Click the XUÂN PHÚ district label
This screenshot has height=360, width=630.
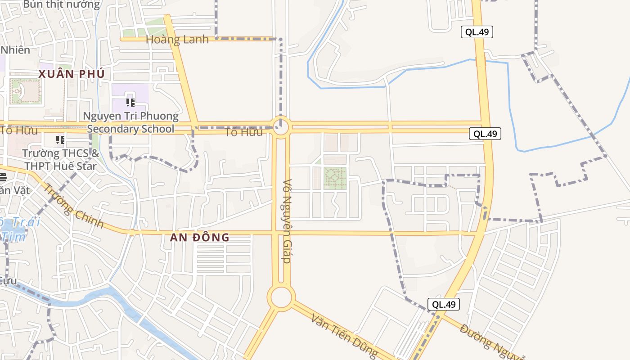tap(72, 74)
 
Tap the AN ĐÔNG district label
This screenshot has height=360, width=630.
tap(200, 237)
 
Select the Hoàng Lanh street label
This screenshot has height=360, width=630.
tap(177, 40)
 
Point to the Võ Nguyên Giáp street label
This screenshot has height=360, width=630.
tap(287, 221)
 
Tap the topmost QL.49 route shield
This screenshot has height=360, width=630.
tap(477, 32)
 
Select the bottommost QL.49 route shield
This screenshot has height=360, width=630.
tap(444, 304)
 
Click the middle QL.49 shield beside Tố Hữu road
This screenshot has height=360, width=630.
tap(485, 134)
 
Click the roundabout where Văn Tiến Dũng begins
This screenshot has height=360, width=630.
tap(281, 297)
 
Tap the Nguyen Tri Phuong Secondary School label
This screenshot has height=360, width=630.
tap(130, 122)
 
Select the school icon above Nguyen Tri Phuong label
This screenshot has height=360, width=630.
tap(130, 103)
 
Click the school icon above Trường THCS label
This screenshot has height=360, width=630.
tap(60, 140)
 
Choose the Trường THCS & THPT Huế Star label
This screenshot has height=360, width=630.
tap(61, 159)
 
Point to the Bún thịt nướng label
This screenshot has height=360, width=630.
tap(62, 5)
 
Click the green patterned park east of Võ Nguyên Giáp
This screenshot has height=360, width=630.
tap(335, 178)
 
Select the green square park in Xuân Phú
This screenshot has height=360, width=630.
tap(25, 91)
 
